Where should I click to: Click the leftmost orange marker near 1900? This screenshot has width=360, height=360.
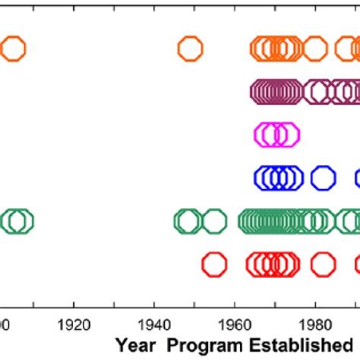point(13,49)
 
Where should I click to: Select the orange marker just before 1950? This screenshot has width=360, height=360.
point(190,49)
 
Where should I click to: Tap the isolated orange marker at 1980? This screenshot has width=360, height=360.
point(314,49)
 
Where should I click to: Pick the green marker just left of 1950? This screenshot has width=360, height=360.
point(187,221)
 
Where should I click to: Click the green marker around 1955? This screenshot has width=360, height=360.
point(213,221)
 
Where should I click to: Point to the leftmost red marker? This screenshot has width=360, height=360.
point(215,264)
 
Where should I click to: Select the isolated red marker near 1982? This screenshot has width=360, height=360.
point(323,264)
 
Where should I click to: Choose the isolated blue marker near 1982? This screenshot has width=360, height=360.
point(323,178)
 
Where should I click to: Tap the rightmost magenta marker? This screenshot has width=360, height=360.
point(286,135)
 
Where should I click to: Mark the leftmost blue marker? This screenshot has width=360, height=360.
point(266,178)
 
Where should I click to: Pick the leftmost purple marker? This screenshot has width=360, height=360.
point(263,92)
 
